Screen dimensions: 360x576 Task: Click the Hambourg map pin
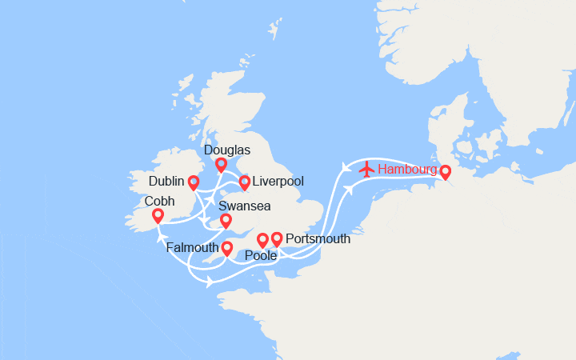pyautogui.click(x=445, y=171)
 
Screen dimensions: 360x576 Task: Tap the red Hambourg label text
pyautogui.click(x=407, y=170)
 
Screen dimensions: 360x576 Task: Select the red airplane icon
pyautogui.click(x=367, y=169)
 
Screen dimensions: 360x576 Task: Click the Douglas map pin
pyautogui.click(x=221, y=164)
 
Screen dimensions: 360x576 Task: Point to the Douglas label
pyautogui.click(x=227, y=150)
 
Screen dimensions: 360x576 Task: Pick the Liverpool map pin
pyautogui.click(x=244, y=182)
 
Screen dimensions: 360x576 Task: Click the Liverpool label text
pyautogui.click(x=278, y=182)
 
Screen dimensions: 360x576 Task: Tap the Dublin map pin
pyautogui.click(x=194, y=182)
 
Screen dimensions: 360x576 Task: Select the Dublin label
pyautogui.click(x=167, y=182)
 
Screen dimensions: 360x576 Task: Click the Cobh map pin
pyautogui.click(x=158, y=215)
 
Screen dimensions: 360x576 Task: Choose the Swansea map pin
pyautogui.click(x=226, y=220)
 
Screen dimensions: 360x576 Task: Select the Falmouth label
pyautogui.click(x=193, y=248)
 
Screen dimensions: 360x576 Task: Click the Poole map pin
pyautogui.click(x=262, y=239)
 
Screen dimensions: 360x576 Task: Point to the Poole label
pyautogui.click(x=262, y=256)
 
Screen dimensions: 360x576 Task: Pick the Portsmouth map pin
pyautogui.click(x=277, y=238)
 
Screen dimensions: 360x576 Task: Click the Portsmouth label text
pyautogui.click(x=318, y=238)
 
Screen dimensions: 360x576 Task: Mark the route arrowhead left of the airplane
pyautogui.click(x=346, y=167)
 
